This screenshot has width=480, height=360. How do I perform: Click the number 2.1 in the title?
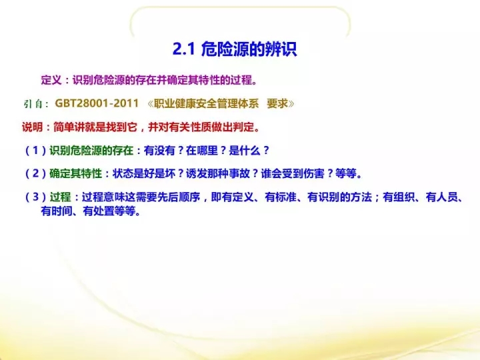pos(184,49)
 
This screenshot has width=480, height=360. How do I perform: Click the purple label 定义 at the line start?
pos(51,80)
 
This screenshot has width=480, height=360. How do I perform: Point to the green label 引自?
pos(33,104)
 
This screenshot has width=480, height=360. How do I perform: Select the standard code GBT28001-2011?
pos(97,103)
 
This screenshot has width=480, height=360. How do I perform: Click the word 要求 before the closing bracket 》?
pos(277,103)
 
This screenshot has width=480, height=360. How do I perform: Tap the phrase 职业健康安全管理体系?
pos(206,103)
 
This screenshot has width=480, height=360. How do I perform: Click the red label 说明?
pos(32,127)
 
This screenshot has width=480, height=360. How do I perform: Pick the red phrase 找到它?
pos(121,127)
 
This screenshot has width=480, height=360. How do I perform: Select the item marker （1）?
pos(35,150)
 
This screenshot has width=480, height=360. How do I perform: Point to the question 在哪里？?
pos(206,150)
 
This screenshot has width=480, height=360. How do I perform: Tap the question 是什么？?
pos(249,150)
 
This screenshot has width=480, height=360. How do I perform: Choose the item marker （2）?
pos(35,173)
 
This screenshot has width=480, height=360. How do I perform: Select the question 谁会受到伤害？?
pos(297,173)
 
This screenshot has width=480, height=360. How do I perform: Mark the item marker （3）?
pos(35,197)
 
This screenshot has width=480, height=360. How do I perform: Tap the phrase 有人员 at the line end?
pos(441,197)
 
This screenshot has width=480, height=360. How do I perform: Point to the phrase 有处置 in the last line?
pos(99,211)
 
